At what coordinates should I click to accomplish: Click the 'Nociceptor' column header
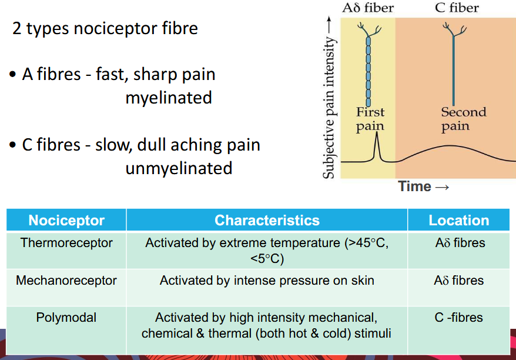[x=66, y=221]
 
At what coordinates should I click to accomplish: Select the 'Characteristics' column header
[x=267, y=221]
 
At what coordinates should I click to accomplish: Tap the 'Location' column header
[x=459, y=221]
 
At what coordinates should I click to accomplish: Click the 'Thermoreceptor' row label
[x=66, y=242]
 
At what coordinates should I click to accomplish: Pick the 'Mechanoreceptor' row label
[x=66, y=281]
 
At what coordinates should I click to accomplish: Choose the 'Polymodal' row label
[x=66, y=318]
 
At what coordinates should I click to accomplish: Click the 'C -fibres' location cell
[x=459, y=318]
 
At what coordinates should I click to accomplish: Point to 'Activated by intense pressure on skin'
[x=267, y=281]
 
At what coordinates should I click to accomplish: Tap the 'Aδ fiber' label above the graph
[x=368, y=8]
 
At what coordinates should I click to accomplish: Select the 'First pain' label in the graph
[x=370, y=118]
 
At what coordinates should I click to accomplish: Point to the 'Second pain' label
[x=464, y=118]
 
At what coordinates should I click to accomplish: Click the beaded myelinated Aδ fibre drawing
[x=368, y=68]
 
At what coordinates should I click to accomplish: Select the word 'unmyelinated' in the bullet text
[x=179, y=168]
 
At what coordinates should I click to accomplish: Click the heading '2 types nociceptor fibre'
[x=105, y=28]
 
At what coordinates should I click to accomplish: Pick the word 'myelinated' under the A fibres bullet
[x=169, y=98]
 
